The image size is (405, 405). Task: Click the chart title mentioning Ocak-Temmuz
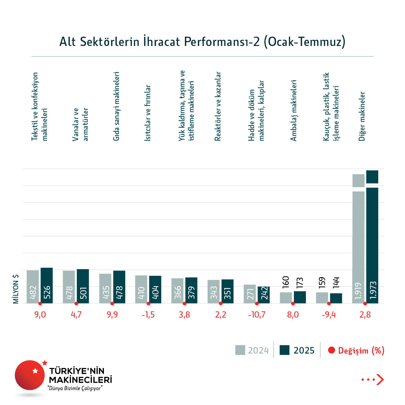point(202,41)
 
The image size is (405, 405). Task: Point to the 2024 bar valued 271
point(250,294)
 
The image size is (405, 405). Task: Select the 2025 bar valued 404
point(155,289)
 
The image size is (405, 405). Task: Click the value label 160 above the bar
point(286,282)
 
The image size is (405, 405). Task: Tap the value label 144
point(336,282)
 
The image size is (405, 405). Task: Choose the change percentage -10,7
point(257,315)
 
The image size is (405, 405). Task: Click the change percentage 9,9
point(112,315)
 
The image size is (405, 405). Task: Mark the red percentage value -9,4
point(329,315)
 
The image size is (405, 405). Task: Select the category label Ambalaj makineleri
point(293,110)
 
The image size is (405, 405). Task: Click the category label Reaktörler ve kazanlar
point(218,106)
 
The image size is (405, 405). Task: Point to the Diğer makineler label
point(362,116)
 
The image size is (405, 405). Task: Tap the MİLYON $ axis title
point(16,289)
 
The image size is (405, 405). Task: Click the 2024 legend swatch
point(240,350)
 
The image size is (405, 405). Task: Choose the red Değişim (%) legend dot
point(331,350)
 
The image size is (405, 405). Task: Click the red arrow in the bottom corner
point(380,380)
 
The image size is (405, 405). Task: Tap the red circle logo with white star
point(30,375)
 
